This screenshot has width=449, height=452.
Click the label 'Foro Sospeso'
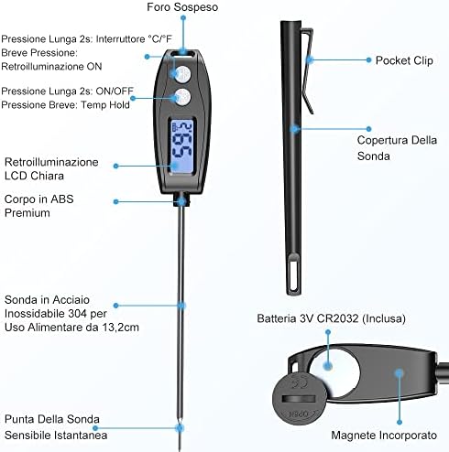pos(182,7)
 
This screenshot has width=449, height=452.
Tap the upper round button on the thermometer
pos(182,73)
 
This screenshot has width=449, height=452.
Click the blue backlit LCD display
pos(181,147)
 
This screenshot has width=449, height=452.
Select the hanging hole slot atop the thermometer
pos(182,54)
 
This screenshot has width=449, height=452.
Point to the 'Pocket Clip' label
pos(404,60)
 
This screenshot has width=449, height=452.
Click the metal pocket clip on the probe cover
pos(308,70)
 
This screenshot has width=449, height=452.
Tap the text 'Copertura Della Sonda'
pos(397,148)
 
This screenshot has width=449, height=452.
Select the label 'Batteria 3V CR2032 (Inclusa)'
pos(331,318)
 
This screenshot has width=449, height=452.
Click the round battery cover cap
pos(299,399)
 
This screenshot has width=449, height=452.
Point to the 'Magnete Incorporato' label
pos(384,436)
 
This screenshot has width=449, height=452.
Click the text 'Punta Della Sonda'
pos(52,419)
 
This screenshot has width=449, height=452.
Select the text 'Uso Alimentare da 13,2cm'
pos(71,328)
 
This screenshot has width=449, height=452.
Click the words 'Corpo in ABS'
pos(39,199)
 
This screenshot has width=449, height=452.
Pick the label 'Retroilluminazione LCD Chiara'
pos(51,168)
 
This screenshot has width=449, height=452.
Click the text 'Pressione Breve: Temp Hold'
pos(65,104)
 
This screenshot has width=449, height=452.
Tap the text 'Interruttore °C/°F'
pos(134,38)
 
